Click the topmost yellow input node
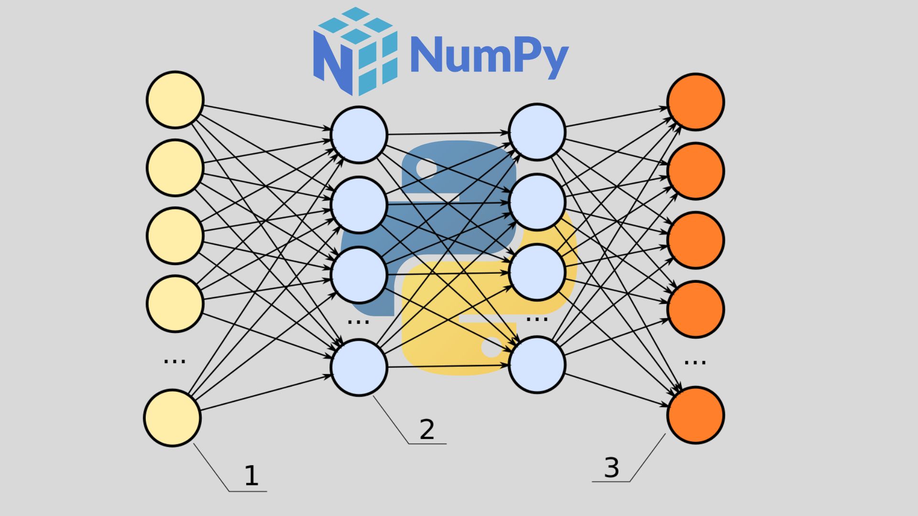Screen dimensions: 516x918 click(175, 100)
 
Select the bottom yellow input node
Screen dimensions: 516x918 click(173, 418)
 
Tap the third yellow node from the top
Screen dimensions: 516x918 click(175, 236)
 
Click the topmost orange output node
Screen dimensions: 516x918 click(696, 102)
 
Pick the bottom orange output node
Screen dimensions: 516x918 click(696, 415)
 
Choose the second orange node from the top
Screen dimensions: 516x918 click(696, 171)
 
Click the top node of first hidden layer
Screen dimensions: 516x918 click(359, 135)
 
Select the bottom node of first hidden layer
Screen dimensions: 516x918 click(359, 367)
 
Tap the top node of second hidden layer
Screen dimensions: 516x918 click(537, 132)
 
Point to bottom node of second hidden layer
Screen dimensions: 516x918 click(537, 365)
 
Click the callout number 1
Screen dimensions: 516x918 click(251, 476)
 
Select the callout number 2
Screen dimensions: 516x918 click(427, 429)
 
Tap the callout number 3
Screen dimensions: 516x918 click(612, 467)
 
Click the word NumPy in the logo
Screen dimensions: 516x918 click(489, 56)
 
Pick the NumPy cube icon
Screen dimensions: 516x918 click(355, 51)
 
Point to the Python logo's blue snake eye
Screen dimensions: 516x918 click(426, 168)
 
